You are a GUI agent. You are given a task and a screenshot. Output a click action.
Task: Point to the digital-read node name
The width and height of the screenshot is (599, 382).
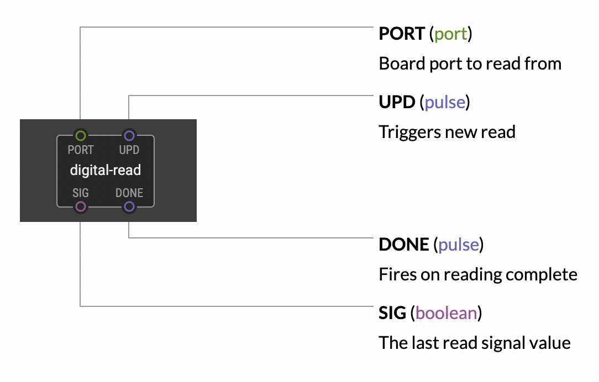click(106, 170)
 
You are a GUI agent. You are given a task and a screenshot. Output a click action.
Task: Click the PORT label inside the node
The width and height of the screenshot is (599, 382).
click(81, 150)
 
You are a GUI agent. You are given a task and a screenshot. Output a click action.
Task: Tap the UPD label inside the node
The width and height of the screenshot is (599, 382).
click(129, 150)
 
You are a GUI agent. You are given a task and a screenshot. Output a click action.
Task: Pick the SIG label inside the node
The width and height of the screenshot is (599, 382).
click(81, 193)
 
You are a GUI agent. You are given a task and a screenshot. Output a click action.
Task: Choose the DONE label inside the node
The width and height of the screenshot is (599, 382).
click(129, 193)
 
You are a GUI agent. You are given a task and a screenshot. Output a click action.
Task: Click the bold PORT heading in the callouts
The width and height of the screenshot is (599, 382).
click(402, 34)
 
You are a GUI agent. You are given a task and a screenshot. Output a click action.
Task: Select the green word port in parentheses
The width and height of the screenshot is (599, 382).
click(451, 34)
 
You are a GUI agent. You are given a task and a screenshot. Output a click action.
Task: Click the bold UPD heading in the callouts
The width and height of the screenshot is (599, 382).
click(397, 102)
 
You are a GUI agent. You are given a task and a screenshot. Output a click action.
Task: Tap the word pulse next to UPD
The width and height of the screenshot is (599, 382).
click(445, 102)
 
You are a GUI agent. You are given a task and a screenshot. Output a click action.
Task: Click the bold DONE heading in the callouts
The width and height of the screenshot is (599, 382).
click(404, 244)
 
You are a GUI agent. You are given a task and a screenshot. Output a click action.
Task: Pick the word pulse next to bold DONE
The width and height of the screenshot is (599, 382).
click(459, 245)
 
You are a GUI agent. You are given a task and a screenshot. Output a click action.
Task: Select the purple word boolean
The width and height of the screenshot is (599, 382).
click(446, 313)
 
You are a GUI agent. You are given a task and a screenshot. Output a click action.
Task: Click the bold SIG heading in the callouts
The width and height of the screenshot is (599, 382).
click(392, 313)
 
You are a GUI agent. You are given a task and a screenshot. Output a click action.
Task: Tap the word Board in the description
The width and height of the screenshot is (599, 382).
click(402, 63)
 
